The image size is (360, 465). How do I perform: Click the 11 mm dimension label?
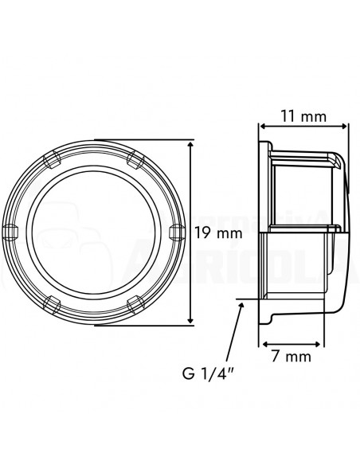(x=303, y=116)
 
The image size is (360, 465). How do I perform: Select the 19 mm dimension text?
(x=217, y=233)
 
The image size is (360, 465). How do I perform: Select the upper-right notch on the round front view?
(x=134, y=157)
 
